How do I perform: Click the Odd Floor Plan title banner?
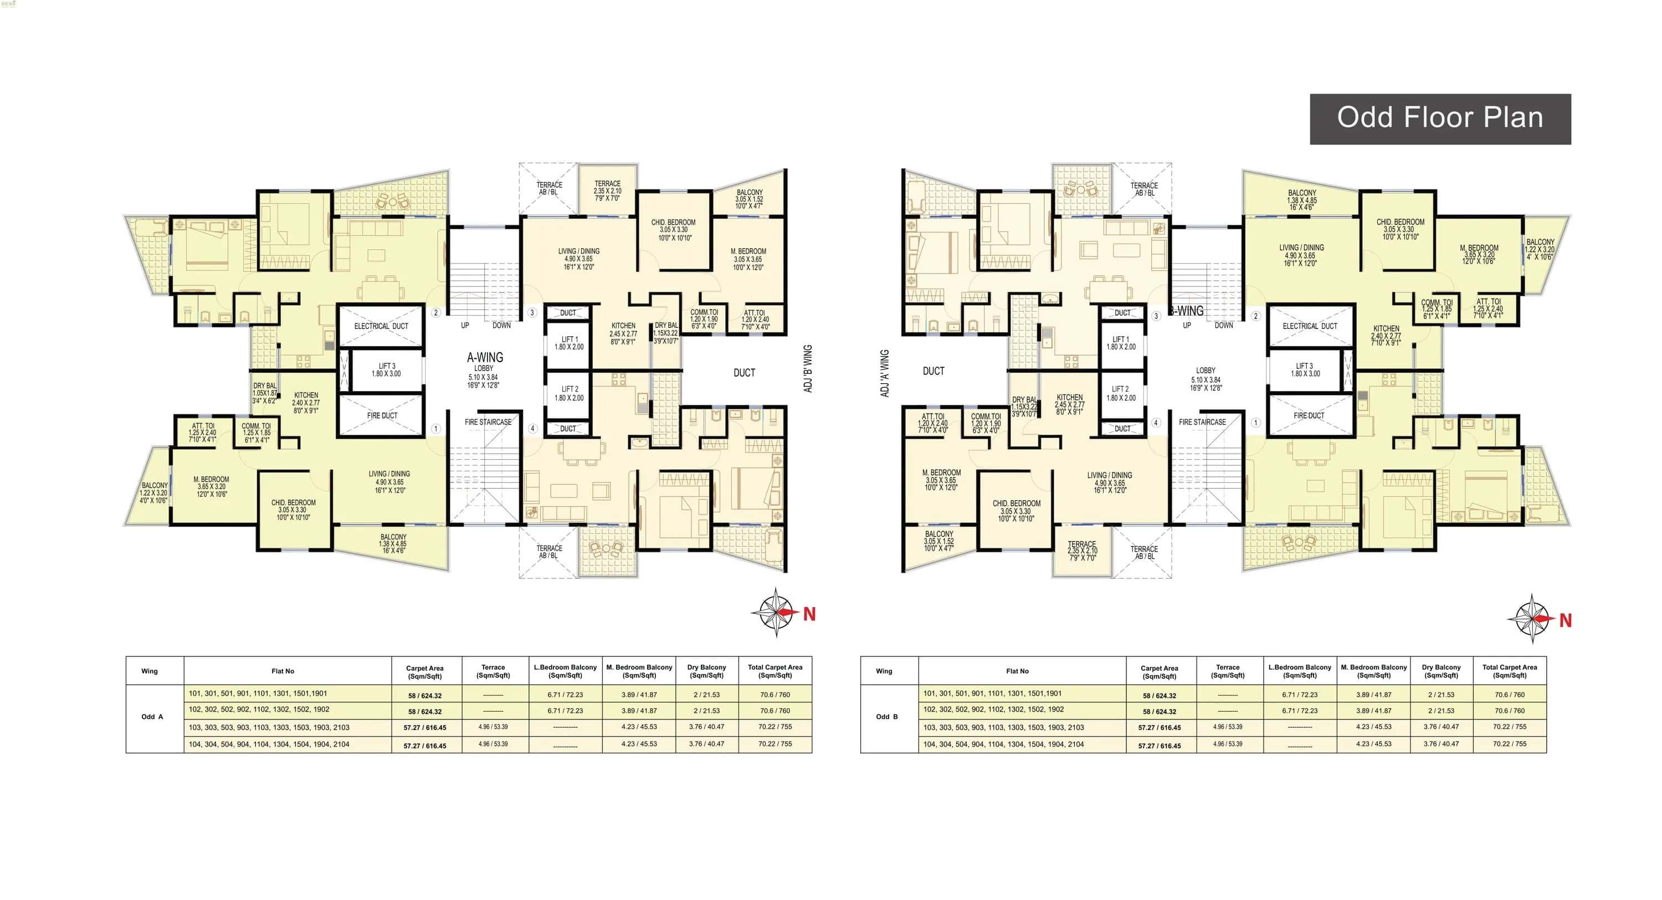pos(1439,119)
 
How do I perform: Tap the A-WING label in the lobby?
pos(485,357)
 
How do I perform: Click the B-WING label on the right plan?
pos(1187,311)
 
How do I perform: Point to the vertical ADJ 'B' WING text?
pos(808,369)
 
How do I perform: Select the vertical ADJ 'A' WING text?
pos(885,373)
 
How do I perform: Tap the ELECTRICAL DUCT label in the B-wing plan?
pos(1309,326)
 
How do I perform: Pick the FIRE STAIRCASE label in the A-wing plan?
pos(488,422)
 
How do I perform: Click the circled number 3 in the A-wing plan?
pos(532,313)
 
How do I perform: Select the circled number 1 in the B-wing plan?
pos(1255,423)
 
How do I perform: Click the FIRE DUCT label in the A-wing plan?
pos(382,415)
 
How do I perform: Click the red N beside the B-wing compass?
pos(1564,621)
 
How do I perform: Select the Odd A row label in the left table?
pos(152,717)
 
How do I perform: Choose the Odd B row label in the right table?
pos(886,717)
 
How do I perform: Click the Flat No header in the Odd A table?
pos(283,671)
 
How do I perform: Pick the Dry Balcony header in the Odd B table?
pos(1441,671)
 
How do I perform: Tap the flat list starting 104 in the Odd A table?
pos(269,744)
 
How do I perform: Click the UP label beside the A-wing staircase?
pos(465,325)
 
